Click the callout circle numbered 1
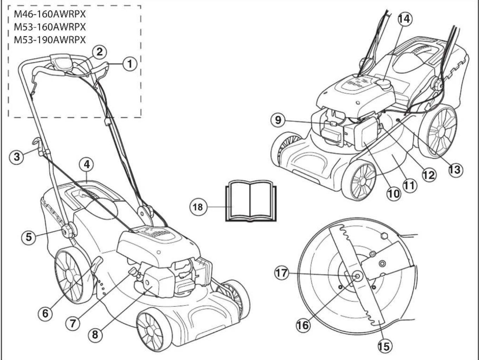[130, 64]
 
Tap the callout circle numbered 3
[17, 156]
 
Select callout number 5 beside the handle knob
[28, 237]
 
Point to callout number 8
[95, 334]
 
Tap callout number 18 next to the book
[198, 207]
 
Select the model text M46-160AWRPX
[50, 15]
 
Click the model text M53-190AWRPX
[50, 39]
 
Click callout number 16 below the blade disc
[303, 325]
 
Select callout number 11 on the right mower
[409, 185]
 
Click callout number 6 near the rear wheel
[45, 313]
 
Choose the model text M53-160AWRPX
[50, 27]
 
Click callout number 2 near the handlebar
[100, 52]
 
